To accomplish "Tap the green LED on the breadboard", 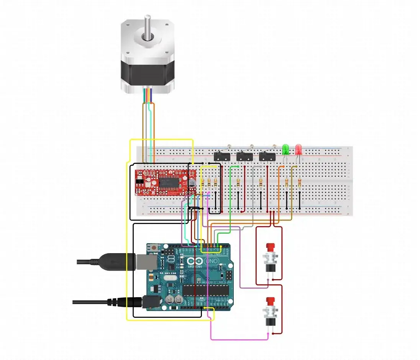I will point(285,149).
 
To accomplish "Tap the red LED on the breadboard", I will point(299,149).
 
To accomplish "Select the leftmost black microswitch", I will point(221,156).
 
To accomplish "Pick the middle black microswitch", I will point(244,156).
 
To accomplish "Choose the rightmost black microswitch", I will point(267,156).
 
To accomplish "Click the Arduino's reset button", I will point(154,248).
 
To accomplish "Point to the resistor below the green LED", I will point(287,183).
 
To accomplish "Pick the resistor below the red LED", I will point(299,183).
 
